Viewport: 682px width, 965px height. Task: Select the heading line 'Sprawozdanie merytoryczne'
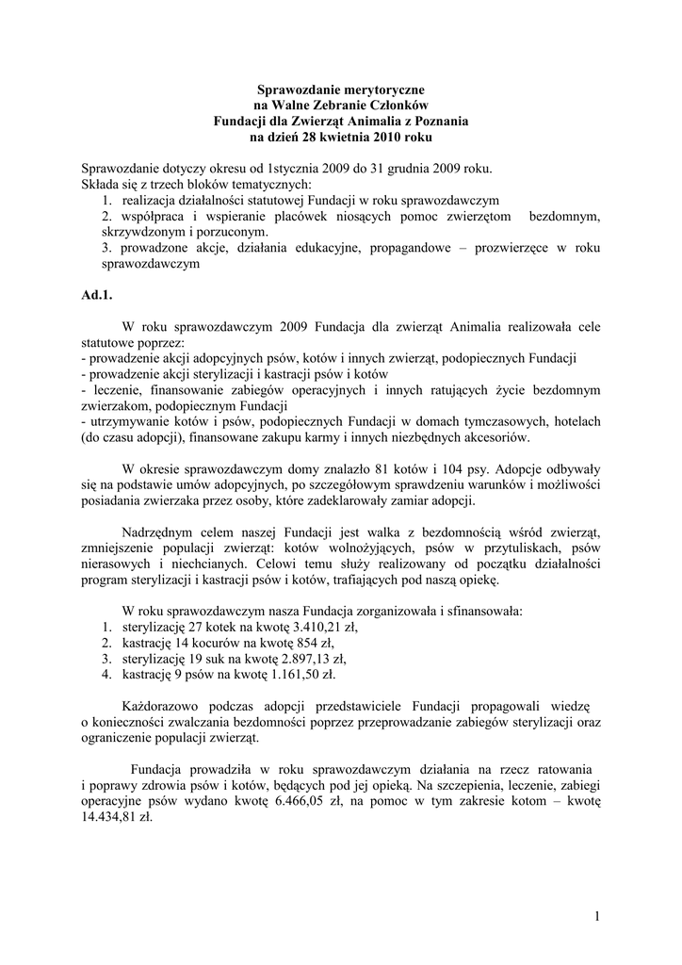tap(340, 90)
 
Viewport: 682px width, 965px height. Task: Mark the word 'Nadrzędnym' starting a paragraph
tap(157, 532)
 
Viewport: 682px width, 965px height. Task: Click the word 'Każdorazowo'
tap(161, 707)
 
